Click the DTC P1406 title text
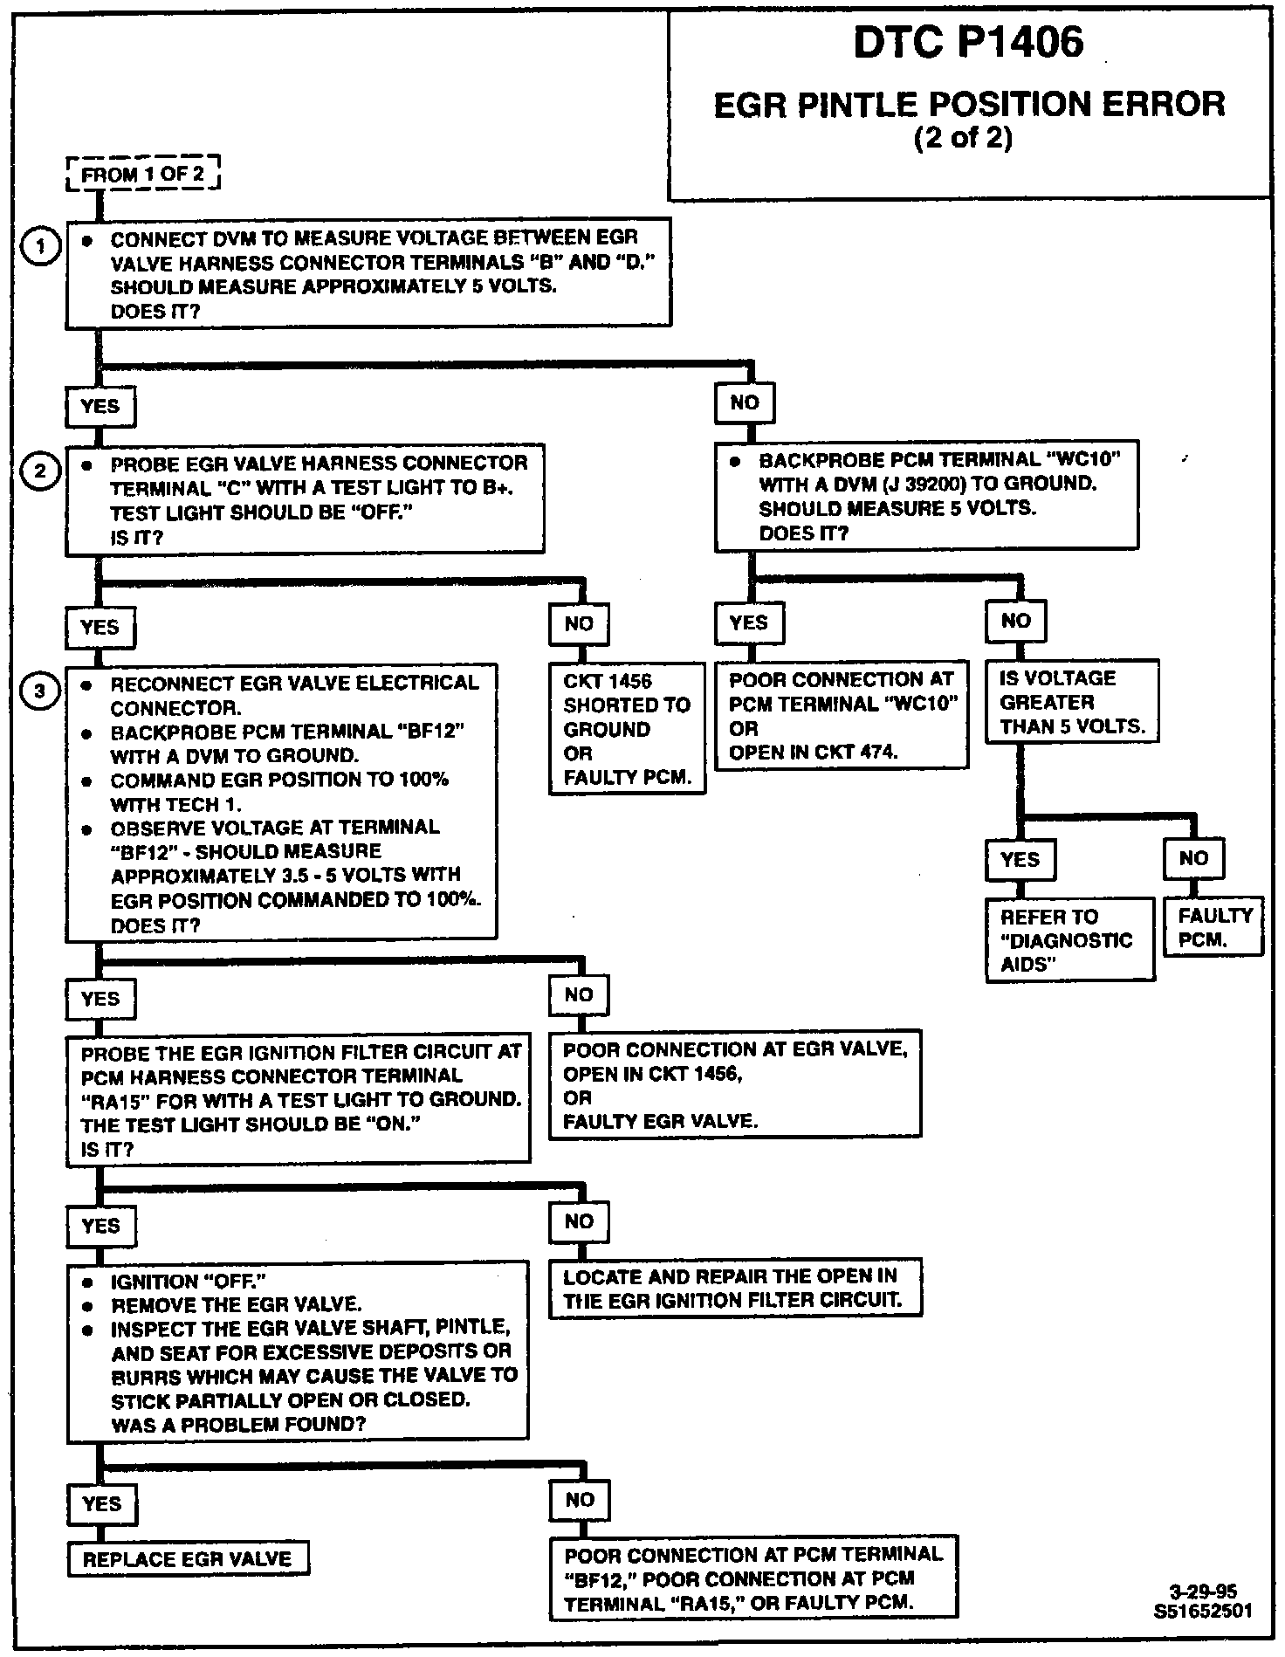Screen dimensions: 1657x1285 968,43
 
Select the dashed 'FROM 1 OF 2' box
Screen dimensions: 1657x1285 142,174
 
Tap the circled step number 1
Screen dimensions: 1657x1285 39,247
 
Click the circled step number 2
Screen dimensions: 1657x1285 39,472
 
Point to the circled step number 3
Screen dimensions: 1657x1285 39,692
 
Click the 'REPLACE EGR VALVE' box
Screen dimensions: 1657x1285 188,1559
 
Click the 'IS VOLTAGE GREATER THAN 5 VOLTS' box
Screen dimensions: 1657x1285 1071,703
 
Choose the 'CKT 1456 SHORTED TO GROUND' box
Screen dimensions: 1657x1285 627,729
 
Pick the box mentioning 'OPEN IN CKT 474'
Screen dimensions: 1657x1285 842,715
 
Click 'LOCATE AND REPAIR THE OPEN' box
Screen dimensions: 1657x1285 735,1288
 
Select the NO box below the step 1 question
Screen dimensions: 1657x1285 745,403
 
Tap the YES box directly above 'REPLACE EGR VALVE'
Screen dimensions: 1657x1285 101,1503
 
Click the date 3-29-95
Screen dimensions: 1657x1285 1203,1591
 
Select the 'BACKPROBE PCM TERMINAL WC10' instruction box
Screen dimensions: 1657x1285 926,496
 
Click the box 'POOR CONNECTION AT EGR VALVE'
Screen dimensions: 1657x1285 734,1085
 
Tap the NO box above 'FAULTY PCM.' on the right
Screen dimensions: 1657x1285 1193,858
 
